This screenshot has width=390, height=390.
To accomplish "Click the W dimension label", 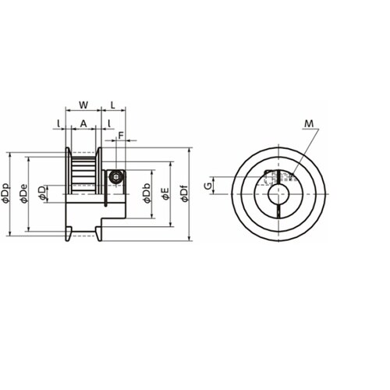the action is (83, 105).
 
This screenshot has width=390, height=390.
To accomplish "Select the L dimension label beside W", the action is (113, 105).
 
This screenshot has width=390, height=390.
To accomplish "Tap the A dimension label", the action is (83, 124).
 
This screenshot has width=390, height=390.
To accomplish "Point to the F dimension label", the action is (121, 135).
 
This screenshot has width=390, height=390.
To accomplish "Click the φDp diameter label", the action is (5, 193).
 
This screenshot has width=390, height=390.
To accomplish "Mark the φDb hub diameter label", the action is (147, 193).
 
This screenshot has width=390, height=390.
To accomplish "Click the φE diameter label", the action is (165, 193).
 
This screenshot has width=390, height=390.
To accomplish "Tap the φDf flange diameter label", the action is (184, 193).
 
